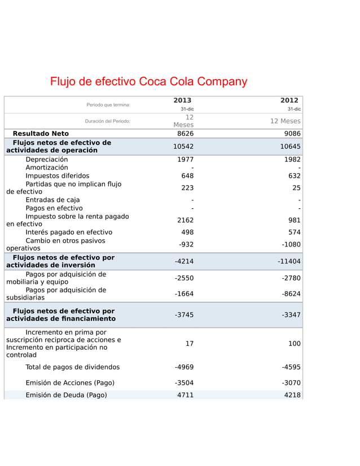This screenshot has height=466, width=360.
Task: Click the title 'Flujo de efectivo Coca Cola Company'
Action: click(x=149, y=81)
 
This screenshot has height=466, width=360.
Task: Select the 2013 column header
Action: click(x=183, y=100)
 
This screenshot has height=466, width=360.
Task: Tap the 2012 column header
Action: click(x=289, y=100)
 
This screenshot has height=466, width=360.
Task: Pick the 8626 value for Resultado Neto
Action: click(x=185, y=134)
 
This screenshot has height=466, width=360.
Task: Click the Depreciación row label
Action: click(x=46, y=160)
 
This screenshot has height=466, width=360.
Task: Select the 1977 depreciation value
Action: click(x=185, y=160)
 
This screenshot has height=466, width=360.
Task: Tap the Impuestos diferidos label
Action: click(x=57, y=175)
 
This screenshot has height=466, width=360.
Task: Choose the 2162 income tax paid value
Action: click(x=185, y=220)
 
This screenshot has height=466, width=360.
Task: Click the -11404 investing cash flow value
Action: click(x=289, y=262)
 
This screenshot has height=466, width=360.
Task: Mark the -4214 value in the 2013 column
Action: click(x=184, y=262)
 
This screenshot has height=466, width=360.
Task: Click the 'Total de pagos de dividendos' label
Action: click(x=72, y=367)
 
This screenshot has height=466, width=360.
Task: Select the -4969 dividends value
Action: click(x=184, y=367)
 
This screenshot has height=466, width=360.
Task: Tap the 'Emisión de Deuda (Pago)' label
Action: click(x=66, y=395)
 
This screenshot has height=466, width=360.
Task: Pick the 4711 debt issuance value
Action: click(x=185, y=395)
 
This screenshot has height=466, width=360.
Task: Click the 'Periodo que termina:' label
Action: click(x=108, y=105)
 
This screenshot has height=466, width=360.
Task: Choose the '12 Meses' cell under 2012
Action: click(x=285, y=121)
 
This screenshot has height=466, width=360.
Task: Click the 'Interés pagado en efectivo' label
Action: click(x=69, y=232)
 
